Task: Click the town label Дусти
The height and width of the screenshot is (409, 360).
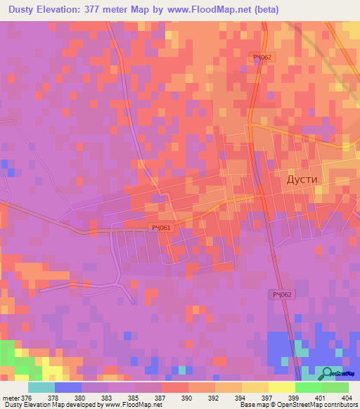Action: tap(302, 179)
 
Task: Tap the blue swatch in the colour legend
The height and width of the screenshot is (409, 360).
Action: tap(67, 387)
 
